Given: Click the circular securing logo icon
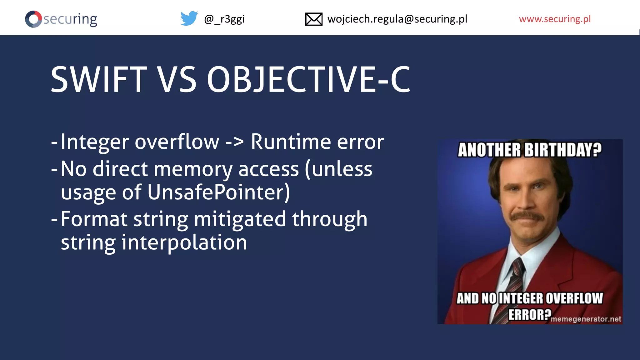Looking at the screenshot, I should click(x=33, y=19).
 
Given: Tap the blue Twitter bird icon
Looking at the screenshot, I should click(x=189, y=18).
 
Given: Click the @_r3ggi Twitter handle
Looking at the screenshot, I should click(x=224, y=19).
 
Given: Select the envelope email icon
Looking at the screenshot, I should click(x=313, y=19).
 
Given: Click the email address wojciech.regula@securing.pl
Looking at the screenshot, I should click(x=397, y=19).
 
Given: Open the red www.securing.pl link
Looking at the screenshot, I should click(x=555, y=19).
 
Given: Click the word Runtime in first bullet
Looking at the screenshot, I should click(x=291, y=142).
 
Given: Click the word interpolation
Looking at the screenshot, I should click(x=184, y=243).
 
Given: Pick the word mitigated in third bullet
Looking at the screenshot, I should click(x=240, y=219).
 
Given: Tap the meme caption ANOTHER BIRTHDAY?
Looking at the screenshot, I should click(x=529, y=150).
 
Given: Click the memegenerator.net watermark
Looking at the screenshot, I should click(x=586, y=319).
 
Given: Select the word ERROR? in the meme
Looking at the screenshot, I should click(x=529, y=314).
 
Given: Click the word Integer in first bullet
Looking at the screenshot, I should click(x=94, y=142).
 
